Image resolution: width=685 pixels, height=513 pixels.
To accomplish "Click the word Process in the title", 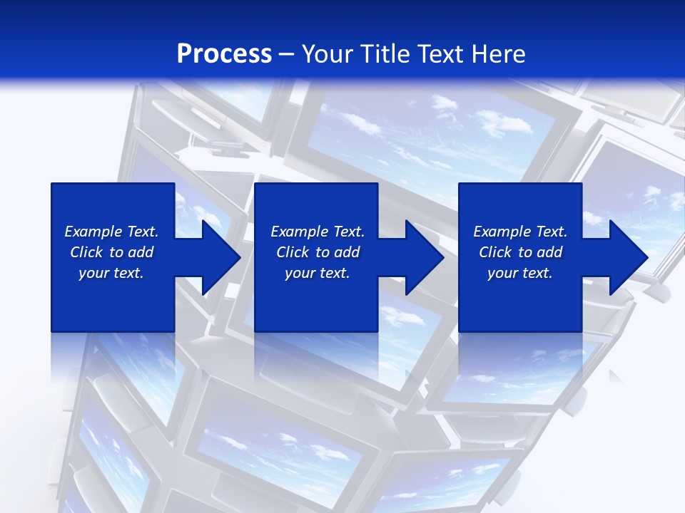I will (x=224, y=54).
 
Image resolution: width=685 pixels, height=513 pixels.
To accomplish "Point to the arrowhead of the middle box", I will (x=423, y=257).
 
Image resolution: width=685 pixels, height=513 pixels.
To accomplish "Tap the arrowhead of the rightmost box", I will (x=627, y=257).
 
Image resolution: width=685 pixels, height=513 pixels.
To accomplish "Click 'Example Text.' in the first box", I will (x=111, y=232).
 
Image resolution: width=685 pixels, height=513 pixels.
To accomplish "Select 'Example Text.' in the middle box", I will (x=318, y=232).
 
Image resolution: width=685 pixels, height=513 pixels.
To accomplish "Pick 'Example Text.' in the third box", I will (x=520, y=232).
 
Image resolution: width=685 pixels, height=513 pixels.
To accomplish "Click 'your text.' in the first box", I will (x=111, y=273).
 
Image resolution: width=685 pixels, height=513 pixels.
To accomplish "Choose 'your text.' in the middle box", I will (x=318, y=273).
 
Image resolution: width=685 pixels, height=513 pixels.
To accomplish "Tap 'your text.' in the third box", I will (x=520, y=273).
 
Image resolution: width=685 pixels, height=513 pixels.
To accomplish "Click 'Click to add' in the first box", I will (x=111, y=252).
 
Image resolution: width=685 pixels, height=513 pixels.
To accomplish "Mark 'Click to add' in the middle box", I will (x=318, y=252).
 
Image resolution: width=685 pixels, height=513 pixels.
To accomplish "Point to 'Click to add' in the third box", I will (x=520, y=252).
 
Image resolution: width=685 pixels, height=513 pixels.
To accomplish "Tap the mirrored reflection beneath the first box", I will (x=113, y=356).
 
